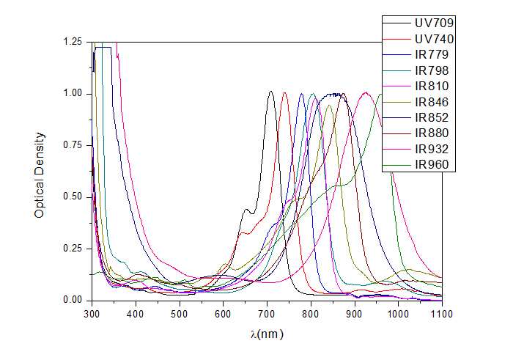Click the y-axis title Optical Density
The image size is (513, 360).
(41, 175)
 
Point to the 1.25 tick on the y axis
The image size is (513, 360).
(73, 43)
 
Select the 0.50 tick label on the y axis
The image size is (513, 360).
(73, 197)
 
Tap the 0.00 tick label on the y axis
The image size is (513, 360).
(73, 301)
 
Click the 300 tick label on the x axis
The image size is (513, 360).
(92, 314)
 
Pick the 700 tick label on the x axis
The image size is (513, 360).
(267, 314)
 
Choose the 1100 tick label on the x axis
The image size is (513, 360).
(442, 314)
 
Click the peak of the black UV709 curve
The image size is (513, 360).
(270, 92)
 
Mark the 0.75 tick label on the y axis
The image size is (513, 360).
(73, 146)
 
